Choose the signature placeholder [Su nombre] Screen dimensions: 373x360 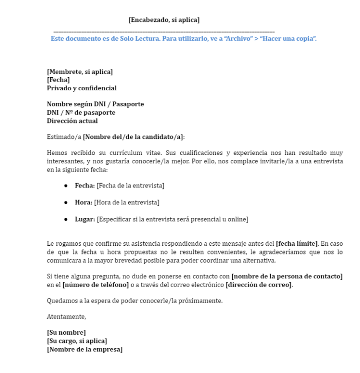tap(66, 332)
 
